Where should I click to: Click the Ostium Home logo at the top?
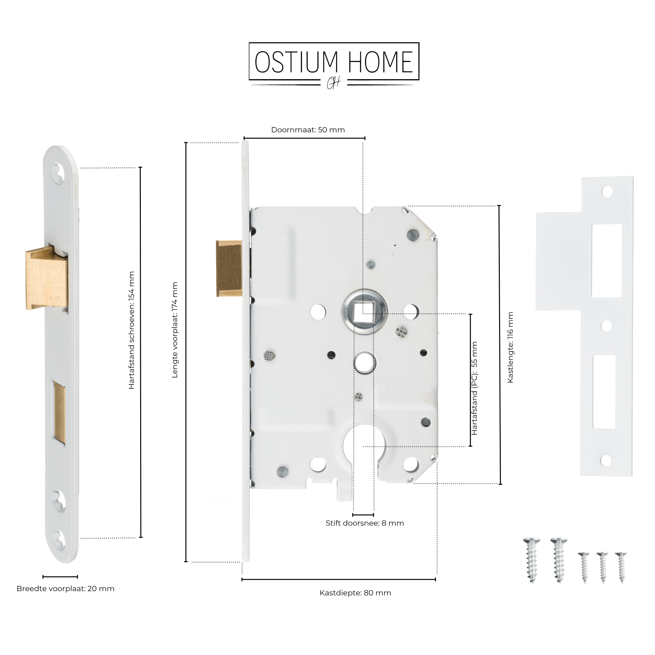[334, 66]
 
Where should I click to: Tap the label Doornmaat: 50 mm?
[308, 130]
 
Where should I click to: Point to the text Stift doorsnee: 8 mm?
[365, 523]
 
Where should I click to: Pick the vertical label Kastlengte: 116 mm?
[510, 347]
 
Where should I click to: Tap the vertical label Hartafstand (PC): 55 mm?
[474, 388]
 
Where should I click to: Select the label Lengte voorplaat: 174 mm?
[175, 330]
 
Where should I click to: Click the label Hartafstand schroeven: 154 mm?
[132, 330]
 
